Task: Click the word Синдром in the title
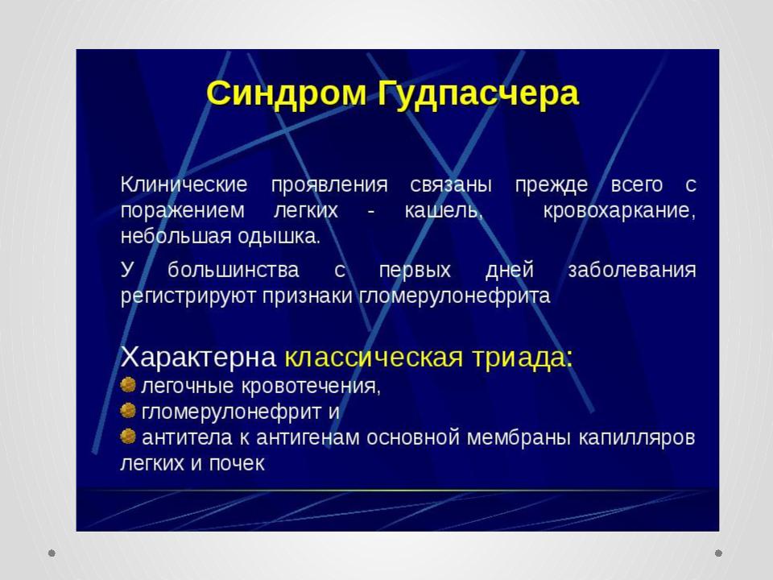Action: (287, 93)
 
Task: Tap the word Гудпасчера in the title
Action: (477, 93)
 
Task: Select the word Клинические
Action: (184, 185)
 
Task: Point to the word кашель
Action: (443, 210)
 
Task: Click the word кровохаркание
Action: (619, 211)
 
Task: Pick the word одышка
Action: (279, 237)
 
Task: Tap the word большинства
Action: (234, 270)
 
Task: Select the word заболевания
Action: (632, 271)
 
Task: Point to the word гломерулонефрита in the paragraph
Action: (454, 296)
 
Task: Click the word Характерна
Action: (198, 357)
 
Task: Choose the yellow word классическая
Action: (374, 357)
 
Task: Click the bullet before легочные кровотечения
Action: (128, 384)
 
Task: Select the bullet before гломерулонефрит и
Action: (128, 410)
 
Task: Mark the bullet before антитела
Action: (128, 436)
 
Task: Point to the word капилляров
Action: (636, 438)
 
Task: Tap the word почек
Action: (237, 463)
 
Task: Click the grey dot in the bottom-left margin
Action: (52, 553)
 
